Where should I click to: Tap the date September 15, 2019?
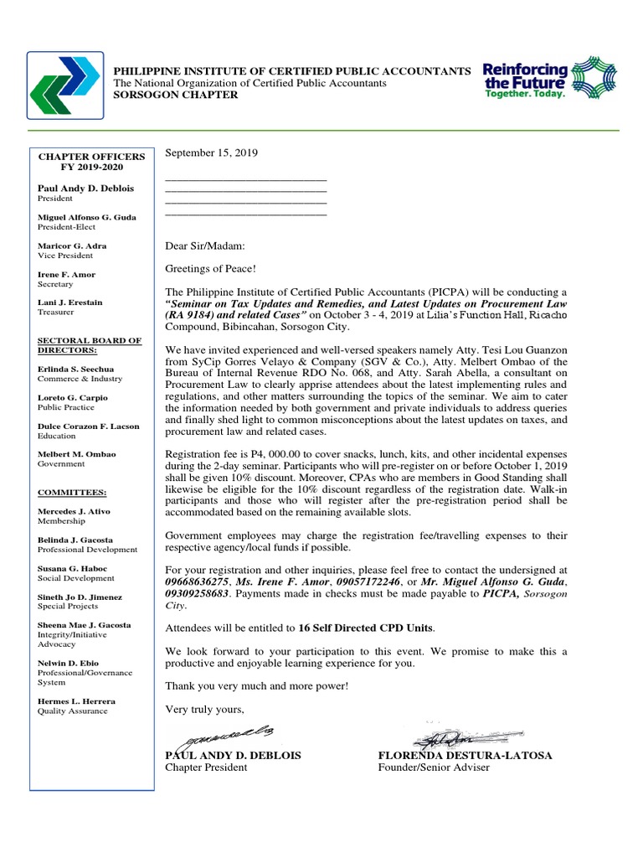[x=212, y=152]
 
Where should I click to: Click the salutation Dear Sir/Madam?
[x=205, y=246]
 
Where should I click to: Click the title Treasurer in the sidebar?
[x=56, y=313]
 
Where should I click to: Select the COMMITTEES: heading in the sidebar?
[x=72, y=493]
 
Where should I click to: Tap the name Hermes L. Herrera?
[x=76, y=700]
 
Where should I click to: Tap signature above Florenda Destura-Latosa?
[x=442, y=739]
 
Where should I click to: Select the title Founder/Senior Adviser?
[x=434, y=768]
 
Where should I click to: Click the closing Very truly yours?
[x=204, y=711]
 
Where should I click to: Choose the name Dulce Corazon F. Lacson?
[x=88, y=426]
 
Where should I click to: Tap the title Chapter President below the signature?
[x=206, y=768]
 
